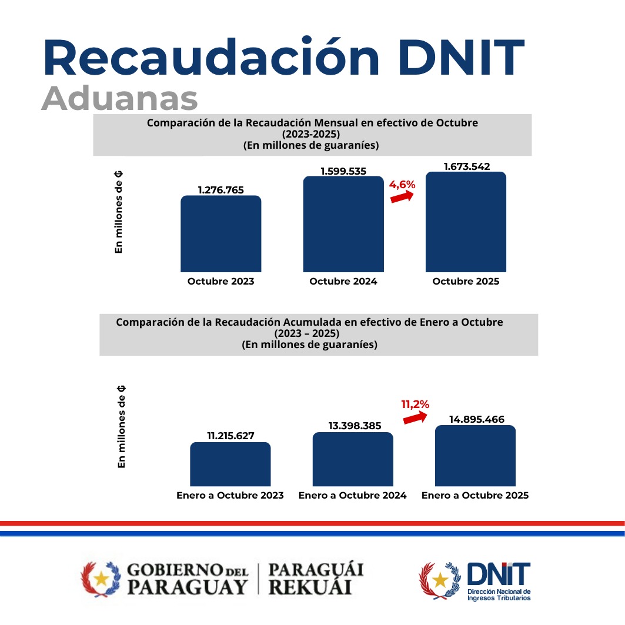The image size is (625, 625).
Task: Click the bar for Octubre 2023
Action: pos(220,234)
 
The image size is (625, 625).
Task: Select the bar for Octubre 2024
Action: pos(343,225)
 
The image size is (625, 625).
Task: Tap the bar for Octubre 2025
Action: pos(466,222)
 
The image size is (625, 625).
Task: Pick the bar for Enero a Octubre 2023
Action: pos(230,464)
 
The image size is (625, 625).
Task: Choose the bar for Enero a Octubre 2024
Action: pos(353,460)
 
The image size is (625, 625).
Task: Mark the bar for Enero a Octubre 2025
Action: pos(475,456)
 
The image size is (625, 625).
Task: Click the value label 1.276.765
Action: pos(220,190)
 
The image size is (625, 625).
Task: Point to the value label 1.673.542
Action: pos(466,166)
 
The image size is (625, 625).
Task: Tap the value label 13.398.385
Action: pos(353,426)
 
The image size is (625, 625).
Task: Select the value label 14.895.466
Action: pos(475,419)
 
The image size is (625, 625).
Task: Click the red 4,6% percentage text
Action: pos(402,185)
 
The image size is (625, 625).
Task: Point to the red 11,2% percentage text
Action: pos(415,404)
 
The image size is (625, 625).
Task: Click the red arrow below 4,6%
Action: pos(402,198)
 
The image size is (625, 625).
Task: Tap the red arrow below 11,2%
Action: pos(415,417)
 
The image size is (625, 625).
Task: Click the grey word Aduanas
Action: pos(119,99)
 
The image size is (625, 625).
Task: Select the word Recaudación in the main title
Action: pos(210,58)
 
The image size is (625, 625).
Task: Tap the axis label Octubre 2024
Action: pos(343,282)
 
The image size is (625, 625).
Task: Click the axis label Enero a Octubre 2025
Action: pos(475,496)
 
